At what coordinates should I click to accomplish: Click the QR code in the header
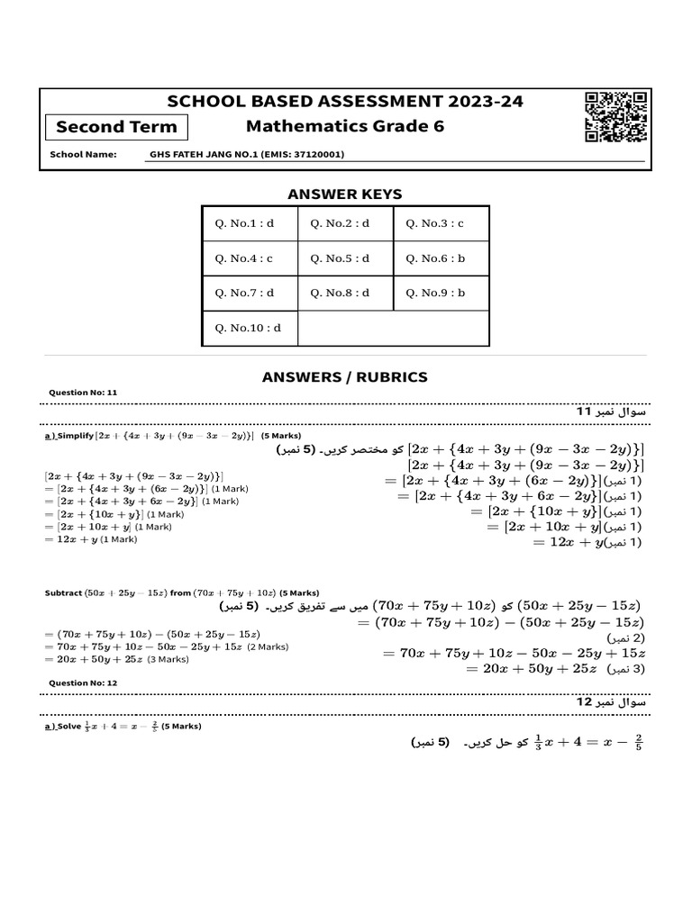click(615, 118)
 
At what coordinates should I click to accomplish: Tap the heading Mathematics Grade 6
click(346, 126)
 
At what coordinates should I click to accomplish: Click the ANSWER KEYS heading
click(344, 194)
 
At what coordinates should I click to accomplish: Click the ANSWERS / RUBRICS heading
click(344, 376)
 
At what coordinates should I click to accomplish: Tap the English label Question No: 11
click(82, 393)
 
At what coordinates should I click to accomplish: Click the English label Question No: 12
click(82, 683)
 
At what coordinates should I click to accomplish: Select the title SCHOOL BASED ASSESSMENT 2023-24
click(346, 102)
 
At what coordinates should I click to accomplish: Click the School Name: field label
click(83, 155)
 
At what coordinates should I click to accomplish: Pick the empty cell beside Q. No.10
click(393, 328)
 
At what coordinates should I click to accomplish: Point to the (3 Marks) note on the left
click(169, 659)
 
